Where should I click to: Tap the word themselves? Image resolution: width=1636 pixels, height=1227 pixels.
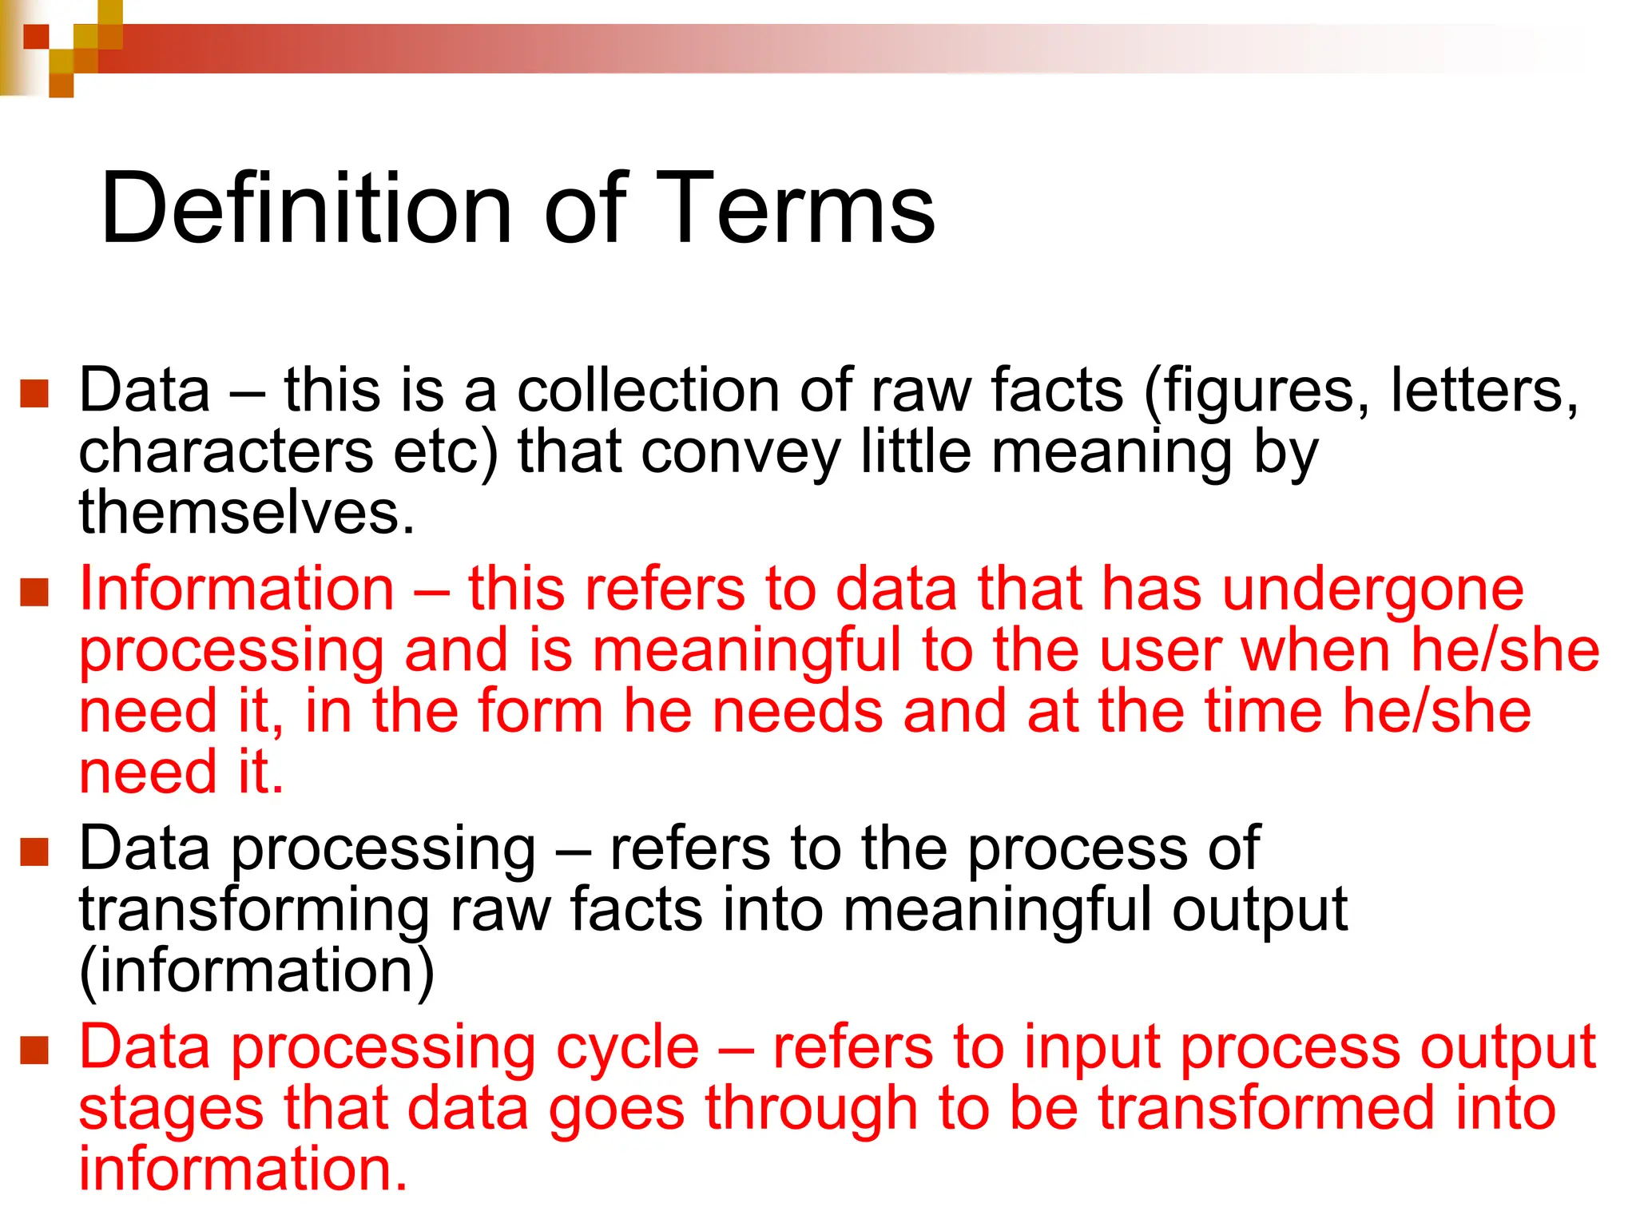[x=246, y=512]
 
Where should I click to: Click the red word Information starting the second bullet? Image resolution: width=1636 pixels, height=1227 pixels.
[x=236, y=590]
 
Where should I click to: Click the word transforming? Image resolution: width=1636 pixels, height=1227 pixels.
[x=254, y=911]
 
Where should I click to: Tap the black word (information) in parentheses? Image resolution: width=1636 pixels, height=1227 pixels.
[x=256, y=971]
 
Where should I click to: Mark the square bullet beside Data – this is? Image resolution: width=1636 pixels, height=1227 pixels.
[x=34, y=393]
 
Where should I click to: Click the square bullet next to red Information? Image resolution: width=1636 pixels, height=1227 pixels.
[x=34, y=592]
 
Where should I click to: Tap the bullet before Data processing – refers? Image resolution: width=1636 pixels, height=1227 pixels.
[x=34, y=852]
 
